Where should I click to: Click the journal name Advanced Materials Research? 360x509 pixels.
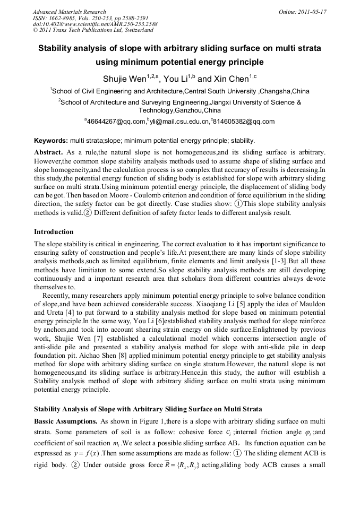tap(69, 12)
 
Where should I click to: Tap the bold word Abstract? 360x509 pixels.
tap(49, 152)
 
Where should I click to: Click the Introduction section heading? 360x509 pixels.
tap(54, 232)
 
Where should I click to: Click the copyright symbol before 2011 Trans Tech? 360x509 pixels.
tap(35, 30)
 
